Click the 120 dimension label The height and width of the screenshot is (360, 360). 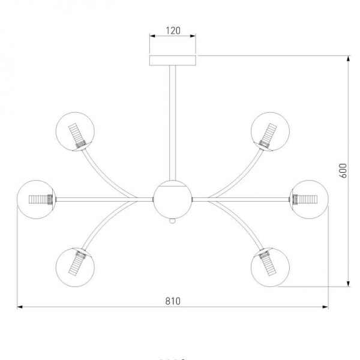[173, 31]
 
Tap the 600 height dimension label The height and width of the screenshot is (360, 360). [343, 171]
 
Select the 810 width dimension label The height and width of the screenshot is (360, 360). [173, 301]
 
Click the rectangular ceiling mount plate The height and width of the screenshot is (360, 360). [173, 61]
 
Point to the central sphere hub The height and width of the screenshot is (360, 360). [172, 199]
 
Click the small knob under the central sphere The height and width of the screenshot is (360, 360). [172, 221]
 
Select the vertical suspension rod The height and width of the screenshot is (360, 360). [172, 123]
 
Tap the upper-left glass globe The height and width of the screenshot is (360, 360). [75, 131]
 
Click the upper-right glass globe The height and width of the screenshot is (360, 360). [270, 131]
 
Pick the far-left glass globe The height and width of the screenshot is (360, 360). [36, 199]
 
